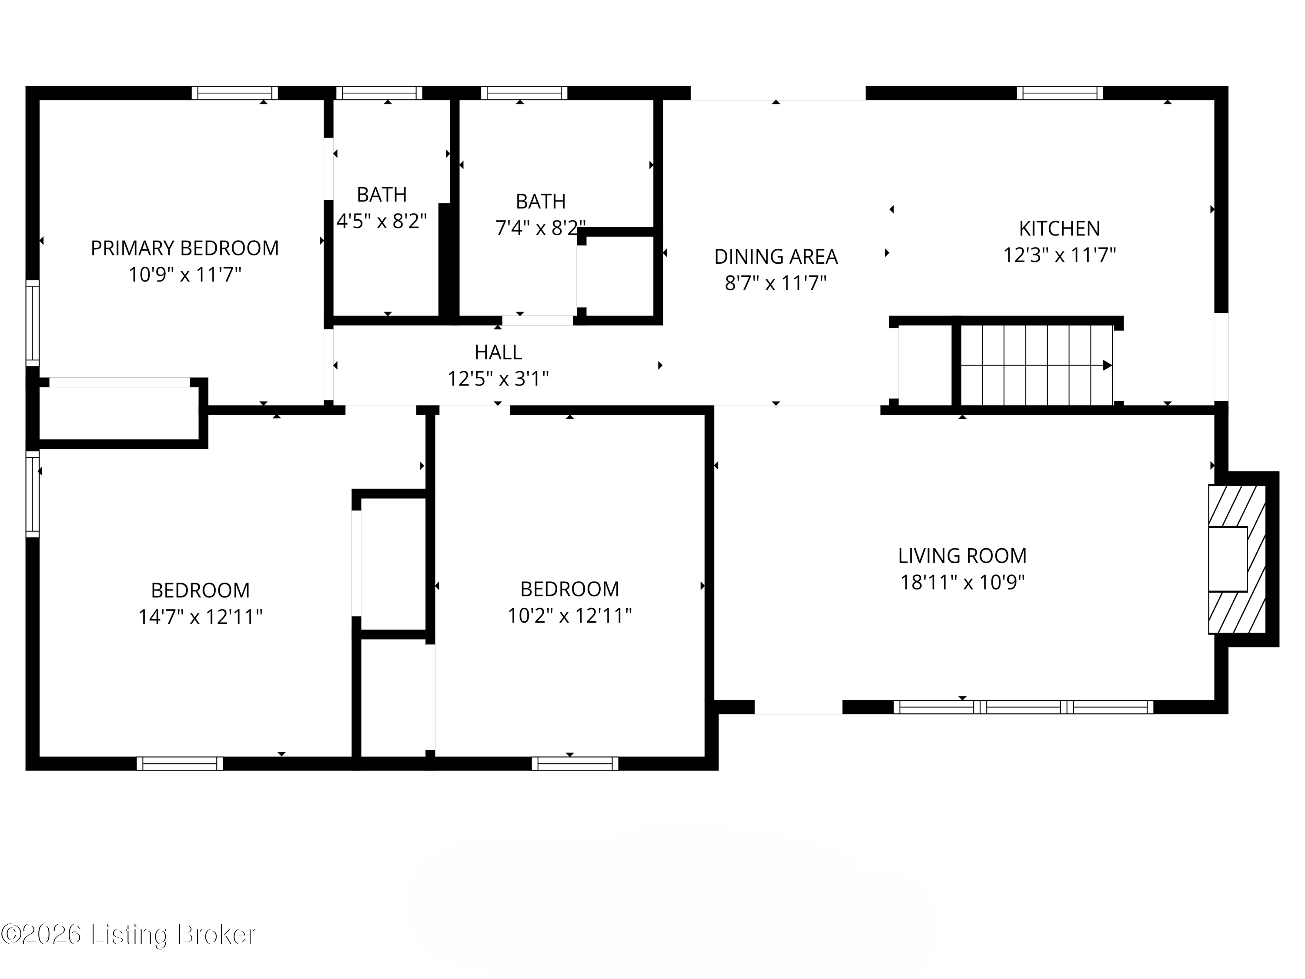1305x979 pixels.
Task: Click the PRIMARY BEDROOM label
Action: pos(185,248)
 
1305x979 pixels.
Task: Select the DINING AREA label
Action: pos(776,257)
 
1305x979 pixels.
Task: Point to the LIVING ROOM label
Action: pos(962,556)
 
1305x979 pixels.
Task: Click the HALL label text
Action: pos(498,352)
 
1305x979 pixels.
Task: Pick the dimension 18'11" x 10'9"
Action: pos(962,583)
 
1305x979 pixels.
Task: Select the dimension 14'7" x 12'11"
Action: pos(200,617)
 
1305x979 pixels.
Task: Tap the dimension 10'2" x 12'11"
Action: pos(569,616)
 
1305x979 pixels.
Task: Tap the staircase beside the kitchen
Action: pos(1037,365)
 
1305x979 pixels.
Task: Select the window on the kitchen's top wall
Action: pos(1060,93)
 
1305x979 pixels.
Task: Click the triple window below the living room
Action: pos(1023,707)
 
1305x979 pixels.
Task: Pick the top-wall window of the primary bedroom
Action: pos(234,93)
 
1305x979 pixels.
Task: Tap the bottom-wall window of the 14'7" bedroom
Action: pos(180,763)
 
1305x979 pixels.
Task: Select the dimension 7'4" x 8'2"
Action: pos(540,228)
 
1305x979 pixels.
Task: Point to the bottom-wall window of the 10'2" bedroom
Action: pos(575,763)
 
